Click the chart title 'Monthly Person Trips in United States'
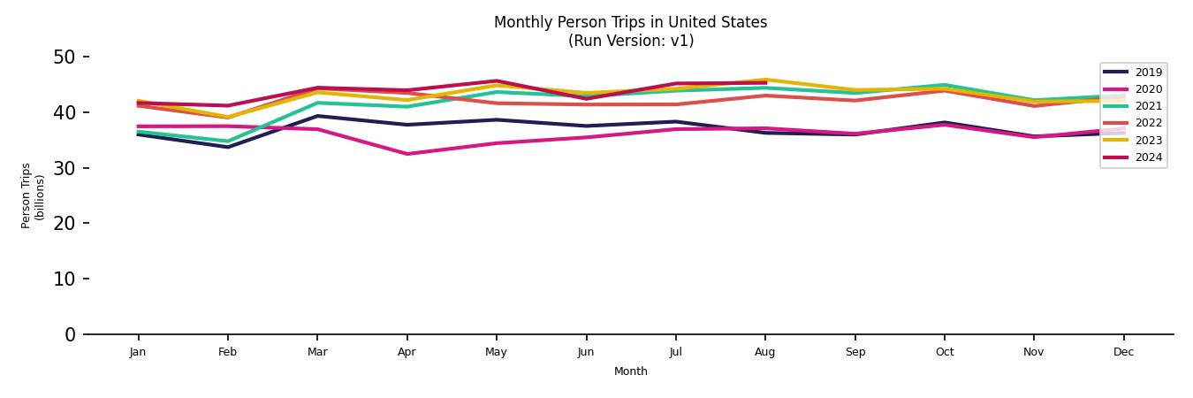point(630,22)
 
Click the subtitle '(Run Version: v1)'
point(630,41)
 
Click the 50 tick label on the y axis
point(65,57)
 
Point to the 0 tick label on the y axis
point(71,334)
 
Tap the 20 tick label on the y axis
point(65,224)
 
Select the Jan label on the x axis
point(138,352)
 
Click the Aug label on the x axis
point(765,352)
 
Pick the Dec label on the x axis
point(1123,352)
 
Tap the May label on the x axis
point(497,352)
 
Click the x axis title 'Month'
point(630,371)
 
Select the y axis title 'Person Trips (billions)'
point(33,195)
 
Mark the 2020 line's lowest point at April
point(407,154)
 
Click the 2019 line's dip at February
point(228,147)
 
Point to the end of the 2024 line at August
point(765,82)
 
